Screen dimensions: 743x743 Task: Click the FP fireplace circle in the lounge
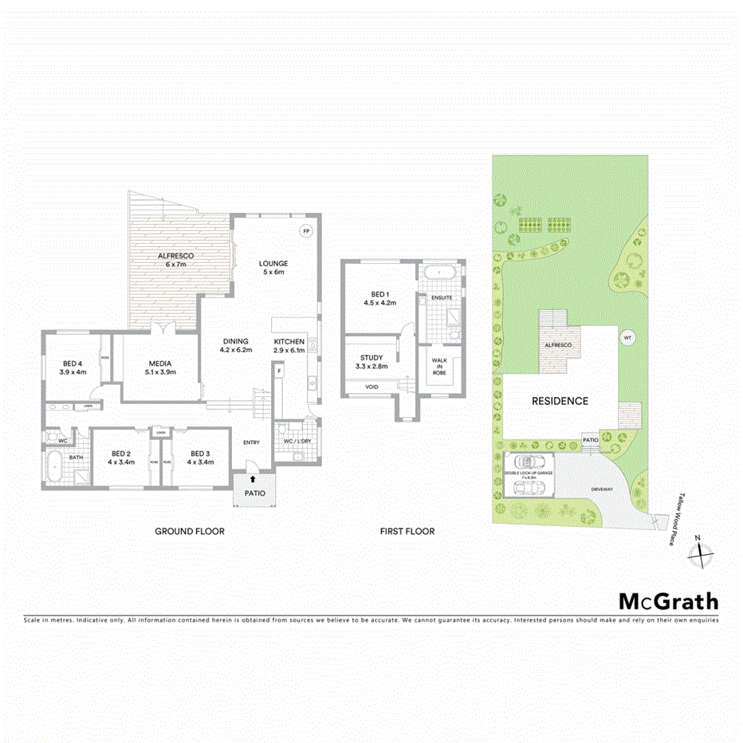point(305,231)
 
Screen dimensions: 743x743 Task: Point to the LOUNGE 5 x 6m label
point(273,268)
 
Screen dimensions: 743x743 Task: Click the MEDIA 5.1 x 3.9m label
point(158,368)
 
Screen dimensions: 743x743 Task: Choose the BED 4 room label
point(73,368)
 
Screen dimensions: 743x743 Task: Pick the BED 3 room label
point(199,458)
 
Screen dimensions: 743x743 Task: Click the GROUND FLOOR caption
point(190,531)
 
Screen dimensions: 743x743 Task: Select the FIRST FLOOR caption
point(407,531)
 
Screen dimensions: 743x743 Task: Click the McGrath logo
point(669,602)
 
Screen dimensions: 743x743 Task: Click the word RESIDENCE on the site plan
point(560,401)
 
